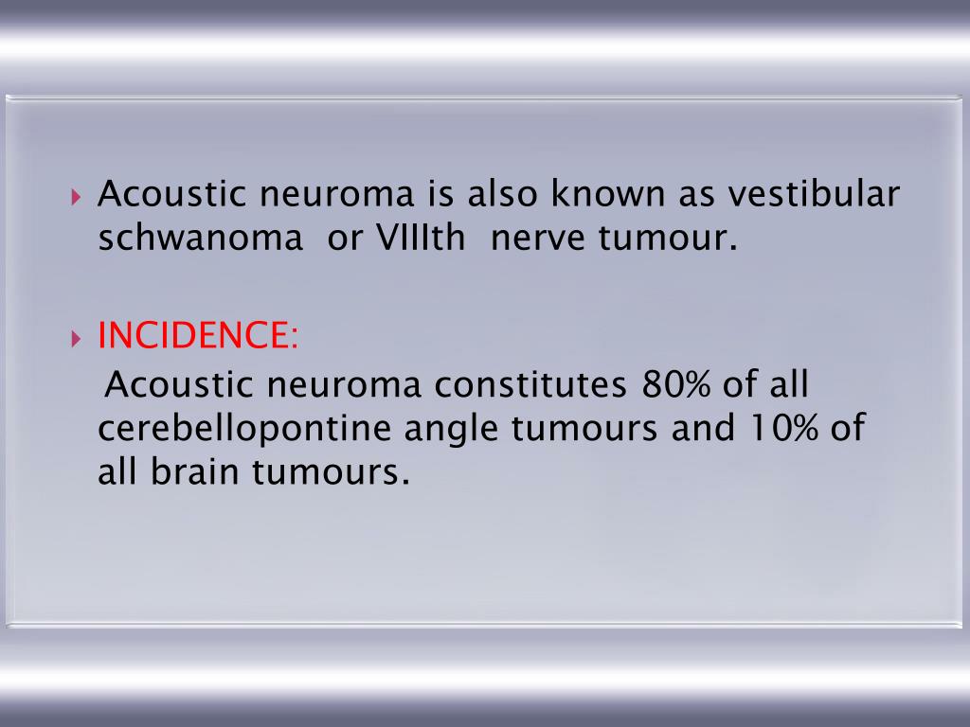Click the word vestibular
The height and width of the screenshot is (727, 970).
pyautogui.click(x=813, y=194)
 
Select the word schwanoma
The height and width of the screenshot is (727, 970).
pyautogui.click(x=198, y=239)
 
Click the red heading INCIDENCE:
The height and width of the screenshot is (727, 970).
pyautogui.click(x=198, y=336)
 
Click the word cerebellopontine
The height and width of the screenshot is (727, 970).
pyautogui.click(x=244, y=429)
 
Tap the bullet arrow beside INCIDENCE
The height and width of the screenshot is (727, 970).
pyautogui.click(x=77, y=338)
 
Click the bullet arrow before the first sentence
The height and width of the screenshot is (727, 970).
pyautogui.click(x=77, y=197)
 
